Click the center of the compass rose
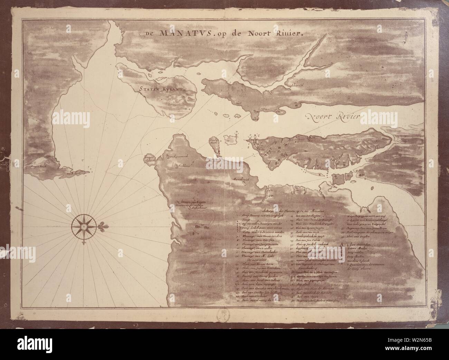pos(83,226)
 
